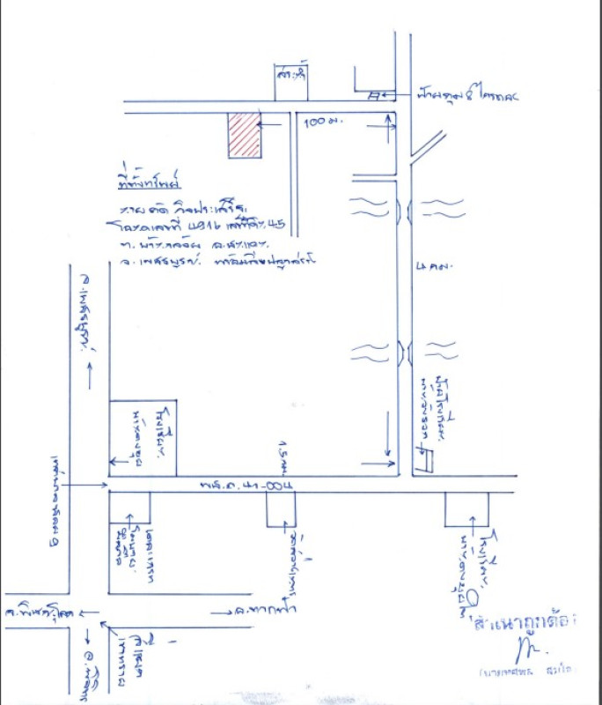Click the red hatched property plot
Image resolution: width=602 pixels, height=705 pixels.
tap(244, 135)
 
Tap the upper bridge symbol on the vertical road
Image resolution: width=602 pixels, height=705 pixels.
tap(403, 210)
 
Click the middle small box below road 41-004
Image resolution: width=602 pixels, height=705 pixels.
tap(282, 509)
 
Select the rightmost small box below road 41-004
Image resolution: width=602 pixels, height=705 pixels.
tap(466, 508)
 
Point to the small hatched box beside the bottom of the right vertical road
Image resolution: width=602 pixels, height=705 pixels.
tap(425, 459)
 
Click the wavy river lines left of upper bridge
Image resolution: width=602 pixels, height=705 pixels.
tap(370, 208)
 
